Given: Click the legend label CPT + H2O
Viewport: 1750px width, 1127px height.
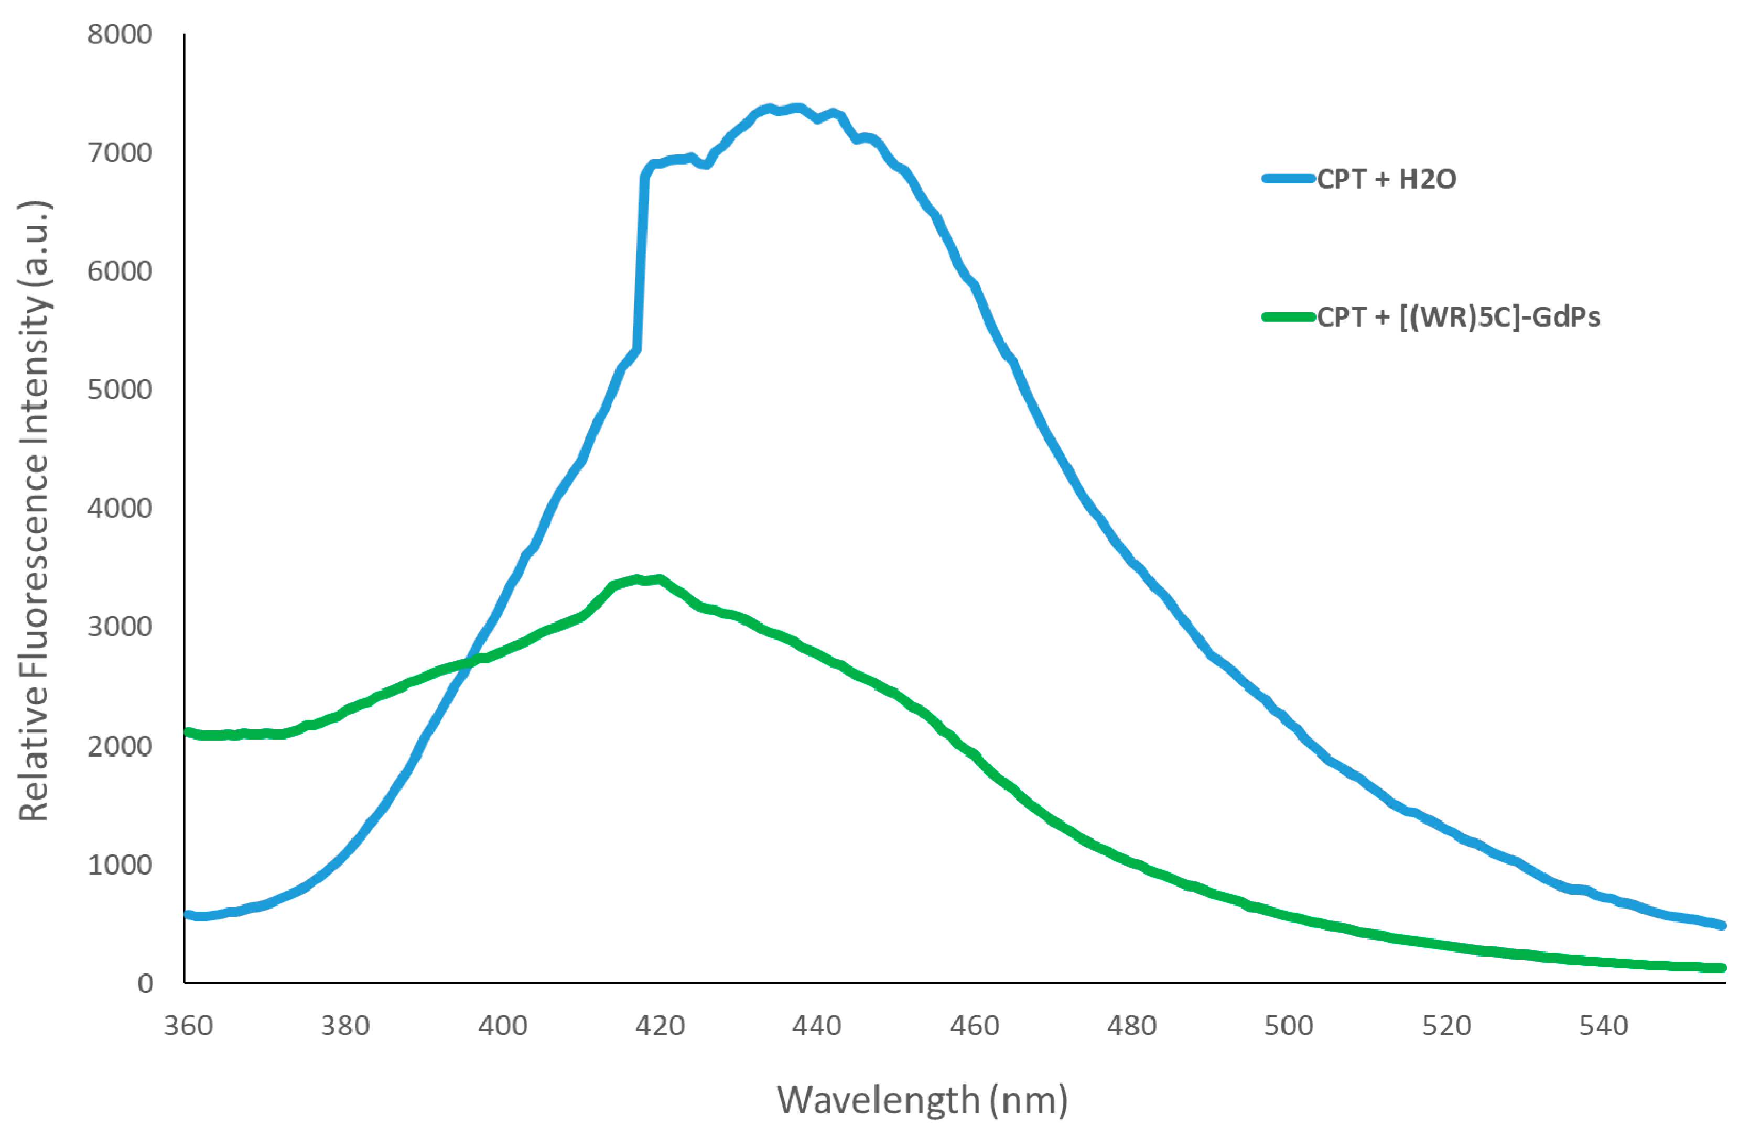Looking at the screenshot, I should coord(1386,179).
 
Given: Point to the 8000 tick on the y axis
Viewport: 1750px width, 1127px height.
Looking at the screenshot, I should coord(120,35).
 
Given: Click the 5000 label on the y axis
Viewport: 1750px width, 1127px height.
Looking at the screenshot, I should coord(120,389).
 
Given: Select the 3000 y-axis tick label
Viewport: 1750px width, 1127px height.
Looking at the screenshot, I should coord(120,627).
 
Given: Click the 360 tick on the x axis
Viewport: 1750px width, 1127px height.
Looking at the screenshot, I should coord(188,1026).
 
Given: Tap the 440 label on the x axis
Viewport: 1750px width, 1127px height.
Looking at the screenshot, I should coord(816,1026).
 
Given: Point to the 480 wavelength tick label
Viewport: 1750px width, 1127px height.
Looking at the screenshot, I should coord(1131,1026).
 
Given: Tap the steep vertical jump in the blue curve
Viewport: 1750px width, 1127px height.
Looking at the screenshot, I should coord(641,264).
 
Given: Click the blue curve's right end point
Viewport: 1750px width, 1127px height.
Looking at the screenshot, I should coord(1722,925).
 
